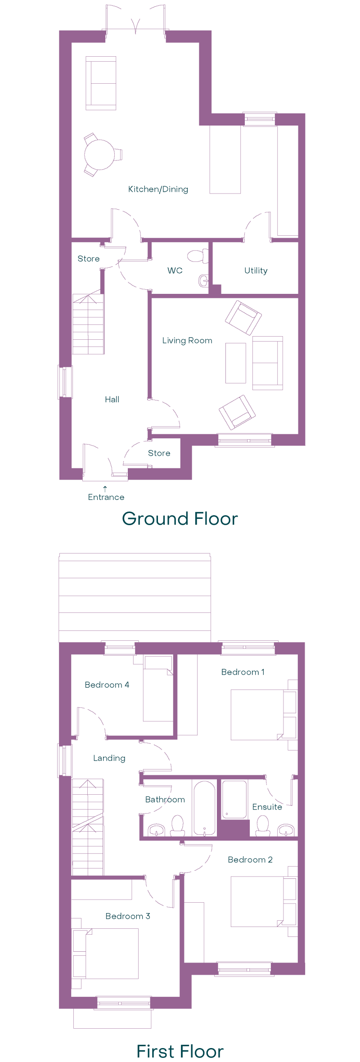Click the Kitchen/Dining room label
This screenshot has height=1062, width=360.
coord(158,189)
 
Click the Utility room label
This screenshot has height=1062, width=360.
coord(256,270)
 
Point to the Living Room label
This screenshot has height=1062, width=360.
coord(187,341)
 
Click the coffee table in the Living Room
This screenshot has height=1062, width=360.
coord(236,363)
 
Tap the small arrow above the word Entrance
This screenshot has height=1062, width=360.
coord(105,488)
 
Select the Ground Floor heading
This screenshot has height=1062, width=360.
coord(180,519)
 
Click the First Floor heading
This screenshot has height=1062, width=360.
coord(180,1052)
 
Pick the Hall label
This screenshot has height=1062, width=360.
coord(112,400)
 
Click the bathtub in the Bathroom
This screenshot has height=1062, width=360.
coord(205,808)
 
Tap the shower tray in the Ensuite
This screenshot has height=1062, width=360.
coord(234,799)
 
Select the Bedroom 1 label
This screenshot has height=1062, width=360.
coord(243,672)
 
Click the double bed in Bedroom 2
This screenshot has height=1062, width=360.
coord(264,901)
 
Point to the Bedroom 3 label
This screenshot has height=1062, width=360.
coord(128,916)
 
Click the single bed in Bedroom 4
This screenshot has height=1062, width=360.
coord(158,688)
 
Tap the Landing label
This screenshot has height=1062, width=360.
coord(109,758)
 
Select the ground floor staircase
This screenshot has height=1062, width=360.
coord(88,324)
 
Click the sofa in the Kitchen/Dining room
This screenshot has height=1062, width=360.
coord(101,83)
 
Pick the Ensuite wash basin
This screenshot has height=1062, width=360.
coord(286,829)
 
